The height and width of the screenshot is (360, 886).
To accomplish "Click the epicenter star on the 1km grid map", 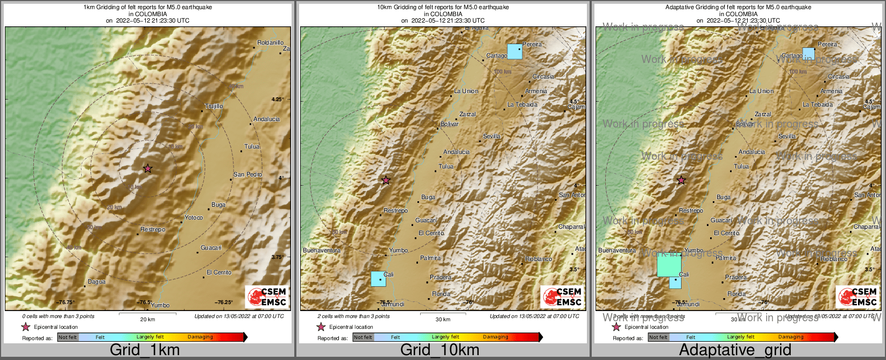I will [x=148, y=168].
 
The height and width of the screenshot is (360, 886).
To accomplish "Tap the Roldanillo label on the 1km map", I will [x=270, y=43].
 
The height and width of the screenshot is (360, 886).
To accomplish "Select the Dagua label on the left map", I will [x=97, y=281].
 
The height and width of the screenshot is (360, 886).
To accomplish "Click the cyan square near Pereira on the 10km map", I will [x=515, y=52].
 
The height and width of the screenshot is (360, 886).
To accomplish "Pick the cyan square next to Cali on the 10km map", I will [x=378, y=279].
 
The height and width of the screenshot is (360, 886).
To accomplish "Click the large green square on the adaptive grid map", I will [x=669, y=265].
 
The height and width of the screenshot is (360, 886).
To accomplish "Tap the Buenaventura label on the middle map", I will [x=322, y=250].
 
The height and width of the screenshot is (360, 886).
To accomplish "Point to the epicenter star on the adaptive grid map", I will [x=681, y=180].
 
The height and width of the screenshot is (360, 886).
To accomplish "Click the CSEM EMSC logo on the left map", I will [x=267, y=297].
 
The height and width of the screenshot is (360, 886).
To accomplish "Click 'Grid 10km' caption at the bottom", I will [x=440, y=350].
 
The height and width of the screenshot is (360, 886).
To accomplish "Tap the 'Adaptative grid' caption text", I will [x=735, y=350].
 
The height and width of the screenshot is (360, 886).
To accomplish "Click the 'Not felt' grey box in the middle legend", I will [x=363, y=337].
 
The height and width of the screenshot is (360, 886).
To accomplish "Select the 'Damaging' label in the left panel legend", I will [x=200, y=337].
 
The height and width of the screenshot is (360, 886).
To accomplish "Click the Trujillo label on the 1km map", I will [x=214, y=106].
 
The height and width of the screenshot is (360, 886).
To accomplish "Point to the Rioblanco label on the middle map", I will [x=538, y=259].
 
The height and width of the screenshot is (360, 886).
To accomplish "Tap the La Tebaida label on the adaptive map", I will [x=818, y=104].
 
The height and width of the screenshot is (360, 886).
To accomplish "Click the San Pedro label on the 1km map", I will [x=247, y=174].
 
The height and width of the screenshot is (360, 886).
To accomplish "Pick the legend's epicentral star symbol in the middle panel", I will [x=321, y=327].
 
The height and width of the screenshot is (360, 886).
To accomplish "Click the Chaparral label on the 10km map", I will [x=571, y=227].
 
